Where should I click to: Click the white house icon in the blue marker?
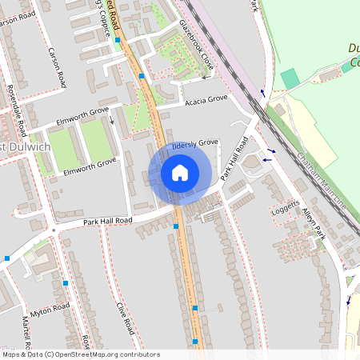click(x=180, y=173)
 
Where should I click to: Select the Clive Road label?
click(x=122, y=319)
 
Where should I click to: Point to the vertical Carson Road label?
click(x=57, y=68)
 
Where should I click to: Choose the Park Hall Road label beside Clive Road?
click(x=107, y=220)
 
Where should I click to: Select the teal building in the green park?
click(x=290, y=78)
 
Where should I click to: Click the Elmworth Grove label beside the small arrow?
click(x=83, y=122)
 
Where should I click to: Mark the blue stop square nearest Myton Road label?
click(x=66, y=282)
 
